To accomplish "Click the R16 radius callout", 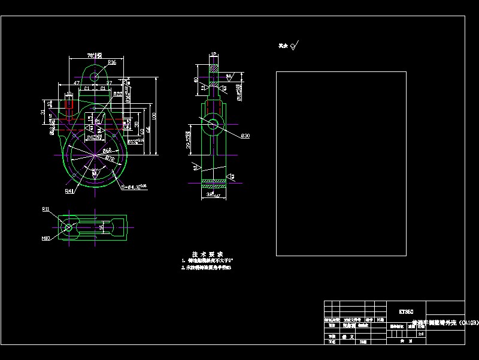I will (x=112, y=62).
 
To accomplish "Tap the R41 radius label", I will (x=69, y=191).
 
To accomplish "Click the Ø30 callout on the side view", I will (x=245, y=136).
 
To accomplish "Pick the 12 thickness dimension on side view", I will (x=214, y=55).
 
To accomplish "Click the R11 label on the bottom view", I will (x=46, y=209).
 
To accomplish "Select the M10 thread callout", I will (x=46, y=238).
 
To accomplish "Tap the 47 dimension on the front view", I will (x=77, y=82).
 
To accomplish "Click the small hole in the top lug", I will (x=95, y=76).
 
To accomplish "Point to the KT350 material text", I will (x=406, y=311).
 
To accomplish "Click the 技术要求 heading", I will (x=204, y=253).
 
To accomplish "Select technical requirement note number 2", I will (x=206, y=268).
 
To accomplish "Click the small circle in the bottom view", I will (x=68, y=227).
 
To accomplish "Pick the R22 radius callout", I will (x=118, y=94).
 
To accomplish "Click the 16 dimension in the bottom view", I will (x=101, y=228).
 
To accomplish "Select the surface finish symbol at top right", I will (x=293, y=46).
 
